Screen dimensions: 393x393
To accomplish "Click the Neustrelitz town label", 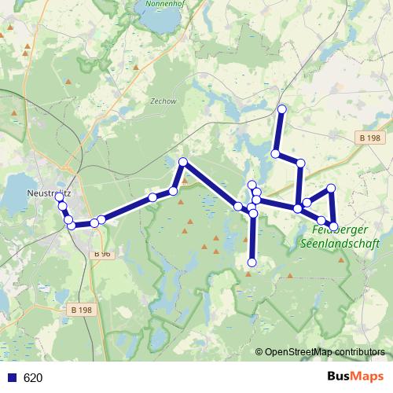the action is [x=50, y=189].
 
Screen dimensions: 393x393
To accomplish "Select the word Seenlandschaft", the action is [x=340, y=244].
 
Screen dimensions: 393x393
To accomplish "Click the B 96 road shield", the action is [x=102, y=254].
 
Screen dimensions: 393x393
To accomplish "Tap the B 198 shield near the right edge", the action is [x=370, y=138].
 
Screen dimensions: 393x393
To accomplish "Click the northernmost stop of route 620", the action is [x=281, y=108].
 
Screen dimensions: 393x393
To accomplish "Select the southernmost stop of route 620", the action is [x=252, y=263].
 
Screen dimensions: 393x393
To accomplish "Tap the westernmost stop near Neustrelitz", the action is [x=59, y=197].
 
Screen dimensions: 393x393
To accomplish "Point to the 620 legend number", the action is [x=33, y=378].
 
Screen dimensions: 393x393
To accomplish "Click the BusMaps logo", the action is [x=355, y=377].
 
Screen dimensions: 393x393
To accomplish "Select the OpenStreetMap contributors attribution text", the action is [x=325, y=352].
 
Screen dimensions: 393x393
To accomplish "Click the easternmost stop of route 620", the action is [x=333, y=226].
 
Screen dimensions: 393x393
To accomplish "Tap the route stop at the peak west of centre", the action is [x=182, y=162].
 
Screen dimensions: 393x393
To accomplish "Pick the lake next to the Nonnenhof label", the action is [x=163, y=22].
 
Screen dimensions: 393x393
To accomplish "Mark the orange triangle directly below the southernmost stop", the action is [x=248, y=274].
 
